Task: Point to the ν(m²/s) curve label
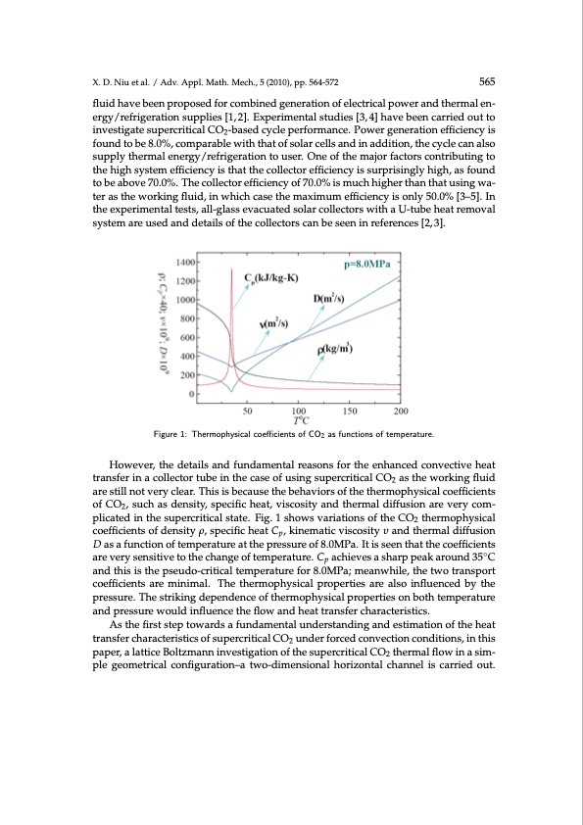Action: click(x=278, y=324)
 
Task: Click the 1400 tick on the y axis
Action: click(x=185, y=263)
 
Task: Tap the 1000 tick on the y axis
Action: click(x=185, y=300)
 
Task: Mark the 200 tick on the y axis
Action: click(x=187, y=375)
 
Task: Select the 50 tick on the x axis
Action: click(x=246, y=412)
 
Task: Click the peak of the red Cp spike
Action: click(x=230, y=269)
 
